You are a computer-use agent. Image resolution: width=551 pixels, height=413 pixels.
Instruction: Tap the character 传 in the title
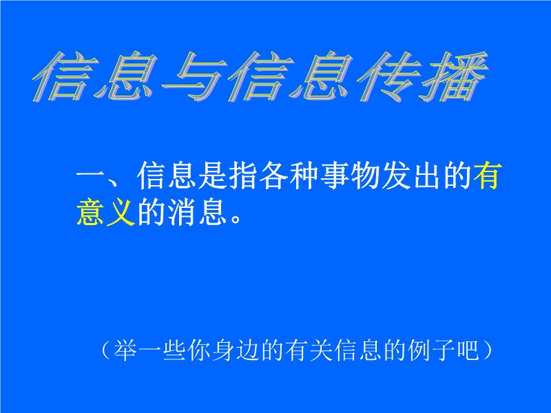(x=389, y=76)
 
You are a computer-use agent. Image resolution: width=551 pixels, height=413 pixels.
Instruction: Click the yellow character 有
(x=486, y=176)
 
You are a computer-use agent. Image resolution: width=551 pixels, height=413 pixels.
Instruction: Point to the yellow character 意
(x=90, y=211)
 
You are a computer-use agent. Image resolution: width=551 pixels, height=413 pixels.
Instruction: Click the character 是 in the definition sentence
(x=212, y=176)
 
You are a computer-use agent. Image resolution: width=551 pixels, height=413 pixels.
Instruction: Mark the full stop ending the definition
(x=236, y=219)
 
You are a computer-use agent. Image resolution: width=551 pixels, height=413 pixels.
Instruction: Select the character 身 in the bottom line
(x=223, y=350)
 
